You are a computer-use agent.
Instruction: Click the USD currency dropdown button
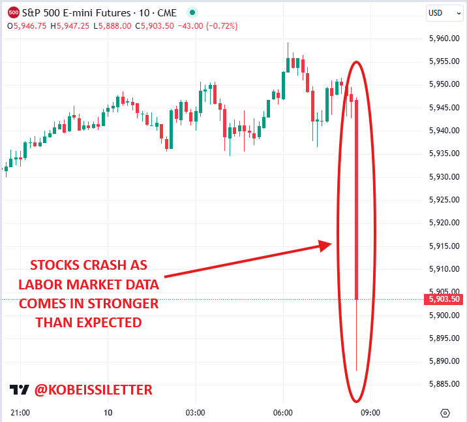[439, 12]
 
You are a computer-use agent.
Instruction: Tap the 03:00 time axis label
[195, 413]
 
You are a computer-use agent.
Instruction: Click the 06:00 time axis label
[282, 413]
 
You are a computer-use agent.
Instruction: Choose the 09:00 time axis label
[370, 413]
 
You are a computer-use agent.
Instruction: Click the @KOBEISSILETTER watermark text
[93, 390]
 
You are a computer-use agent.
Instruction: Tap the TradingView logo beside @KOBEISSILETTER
[20, 390]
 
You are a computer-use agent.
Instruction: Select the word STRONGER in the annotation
[126, 304]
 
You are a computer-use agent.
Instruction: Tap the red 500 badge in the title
[13, 12]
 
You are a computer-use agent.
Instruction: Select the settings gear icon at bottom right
[445, 413]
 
